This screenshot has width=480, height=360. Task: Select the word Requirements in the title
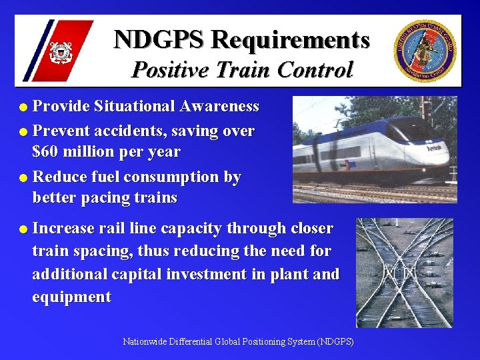(x=290, y=39)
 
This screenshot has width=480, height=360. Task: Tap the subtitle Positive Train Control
(x=241, y=69)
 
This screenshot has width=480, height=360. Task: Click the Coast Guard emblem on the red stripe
(x=61, y=51)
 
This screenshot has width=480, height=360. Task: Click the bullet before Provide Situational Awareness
(x=24, y=107)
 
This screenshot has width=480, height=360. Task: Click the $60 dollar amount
(x=49, y=152)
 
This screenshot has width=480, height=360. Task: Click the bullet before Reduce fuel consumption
(x=24, y=178)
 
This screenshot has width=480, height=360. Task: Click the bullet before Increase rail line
(x=24, y=229)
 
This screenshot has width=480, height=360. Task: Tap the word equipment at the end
(x=72, y=297)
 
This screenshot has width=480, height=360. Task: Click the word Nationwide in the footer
(x=143, y=342)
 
